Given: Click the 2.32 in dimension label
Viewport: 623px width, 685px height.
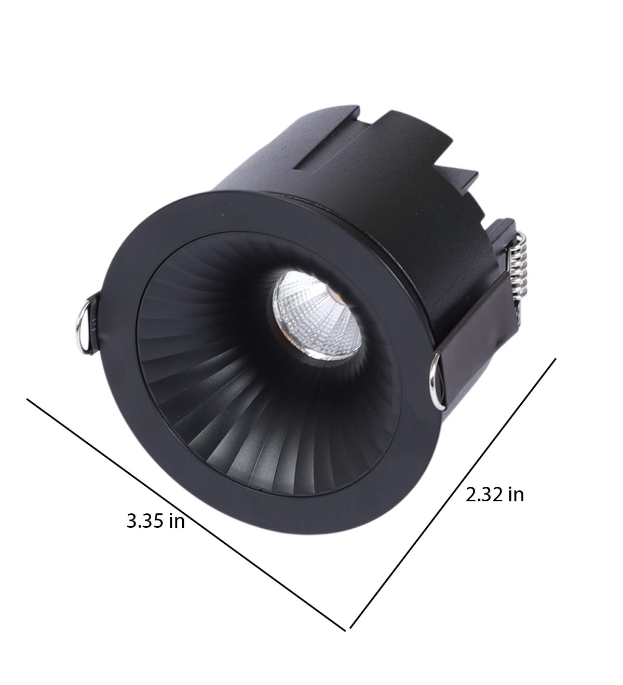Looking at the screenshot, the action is (x=494, y=495).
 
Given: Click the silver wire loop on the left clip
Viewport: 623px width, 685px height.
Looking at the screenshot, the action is (x=83, y=323).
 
